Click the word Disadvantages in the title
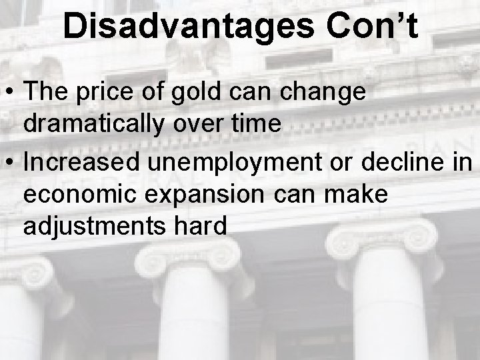pyautogui.click(x=187, y=26)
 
